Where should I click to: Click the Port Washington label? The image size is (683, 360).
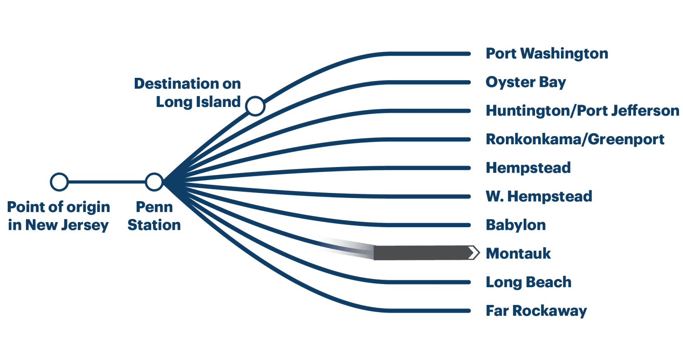[546, 54]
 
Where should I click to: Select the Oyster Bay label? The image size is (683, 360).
[525, 82]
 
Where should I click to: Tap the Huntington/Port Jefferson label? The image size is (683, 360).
[582, 111]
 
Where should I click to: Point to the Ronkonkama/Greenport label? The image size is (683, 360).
[575, 139]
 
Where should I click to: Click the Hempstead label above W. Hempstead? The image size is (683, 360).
[528, 168]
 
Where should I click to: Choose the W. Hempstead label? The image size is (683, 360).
[539, 197]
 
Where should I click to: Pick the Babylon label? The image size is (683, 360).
[515, 225]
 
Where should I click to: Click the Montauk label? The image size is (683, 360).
[518, 254]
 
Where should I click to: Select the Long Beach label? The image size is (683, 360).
[528, 282]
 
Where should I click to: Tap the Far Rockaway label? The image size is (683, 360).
[536, 311]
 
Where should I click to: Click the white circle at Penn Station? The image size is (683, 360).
[154, 182]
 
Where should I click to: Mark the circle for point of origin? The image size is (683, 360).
[59, 182]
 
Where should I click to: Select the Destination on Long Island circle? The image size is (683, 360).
[255, 106]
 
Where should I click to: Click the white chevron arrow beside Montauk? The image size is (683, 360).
[474, 253]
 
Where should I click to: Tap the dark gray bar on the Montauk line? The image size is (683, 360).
[419, 253]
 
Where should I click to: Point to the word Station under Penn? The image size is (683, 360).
[154, 225]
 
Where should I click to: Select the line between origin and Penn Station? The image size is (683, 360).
[107, 182]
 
